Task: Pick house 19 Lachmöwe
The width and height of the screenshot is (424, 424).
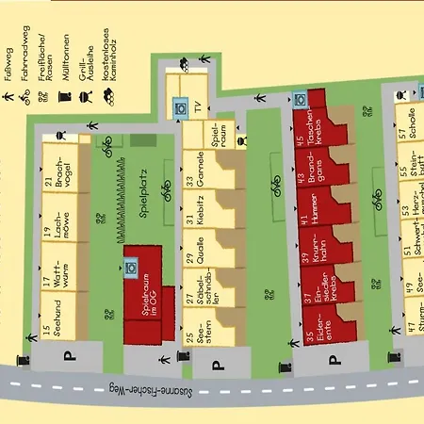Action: click(x=58, y=233)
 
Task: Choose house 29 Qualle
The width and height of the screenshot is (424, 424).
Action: click(x=201, y=253)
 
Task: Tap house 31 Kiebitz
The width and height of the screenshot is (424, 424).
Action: click(x=201, y=212)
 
